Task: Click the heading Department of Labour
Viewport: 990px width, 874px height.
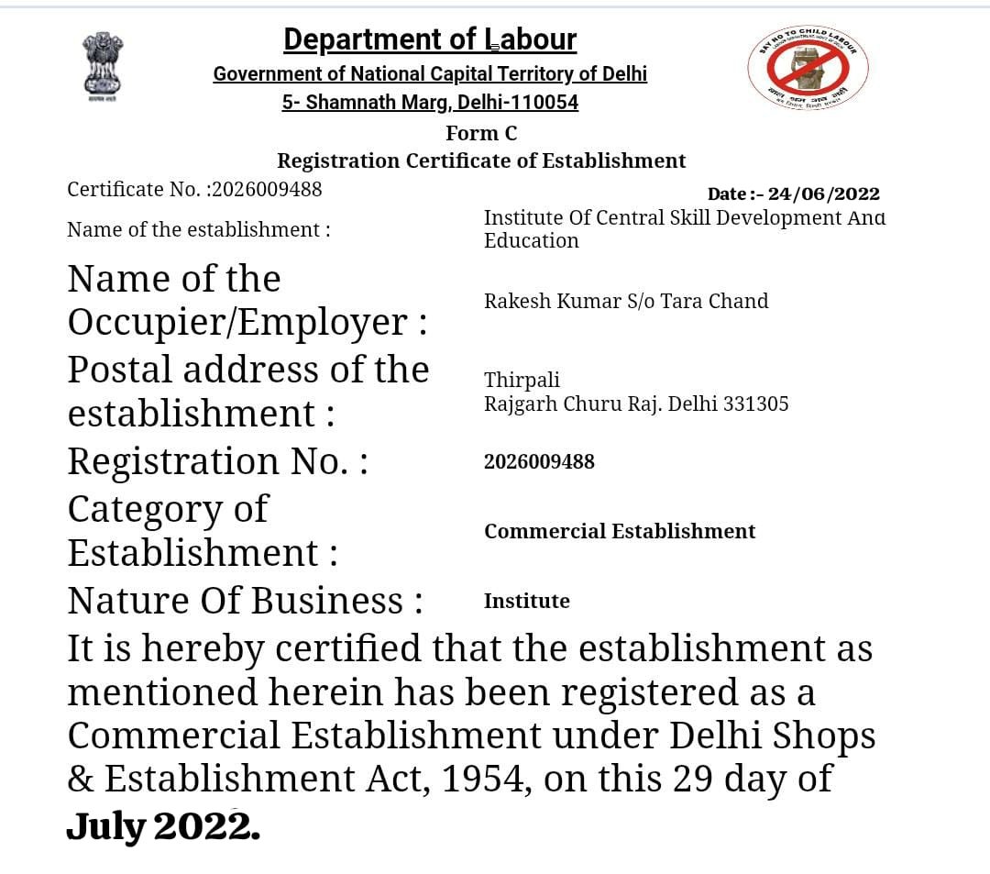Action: coord(430,39)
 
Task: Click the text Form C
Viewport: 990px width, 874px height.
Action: coord(481,134)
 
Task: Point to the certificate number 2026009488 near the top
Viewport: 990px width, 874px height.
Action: coord(267,189)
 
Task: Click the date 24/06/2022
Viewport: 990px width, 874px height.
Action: coord(823,194)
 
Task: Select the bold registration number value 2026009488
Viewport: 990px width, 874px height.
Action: coord(539,461)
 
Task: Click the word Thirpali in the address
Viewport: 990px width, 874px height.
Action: coord(522,380)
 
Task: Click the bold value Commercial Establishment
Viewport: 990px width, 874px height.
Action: coord(620,532)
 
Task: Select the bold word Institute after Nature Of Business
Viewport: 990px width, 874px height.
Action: coord(527,602)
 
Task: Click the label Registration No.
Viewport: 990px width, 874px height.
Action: coord(217,461)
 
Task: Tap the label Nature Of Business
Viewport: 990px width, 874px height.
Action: coord(245,601)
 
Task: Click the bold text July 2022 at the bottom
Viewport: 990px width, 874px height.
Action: coord(162,827)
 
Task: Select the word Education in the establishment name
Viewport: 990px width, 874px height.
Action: coord(532,241)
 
